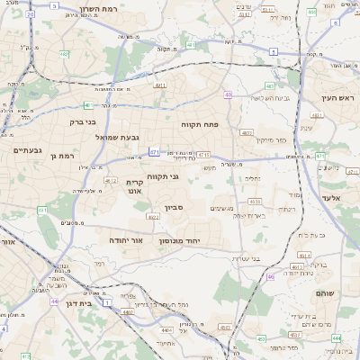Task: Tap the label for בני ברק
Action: (x=84, y=120)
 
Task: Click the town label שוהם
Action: (x=326, y=293)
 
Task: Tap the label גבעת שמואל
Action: (x=117, y=137)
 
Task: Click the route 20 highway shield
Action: (x=31, y=15)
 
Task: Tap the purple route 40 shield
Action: (x=229, y=94)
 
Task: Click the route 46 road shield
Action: (x=269, y=277)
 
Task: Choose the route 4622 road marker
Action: (x=152, y=217)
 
